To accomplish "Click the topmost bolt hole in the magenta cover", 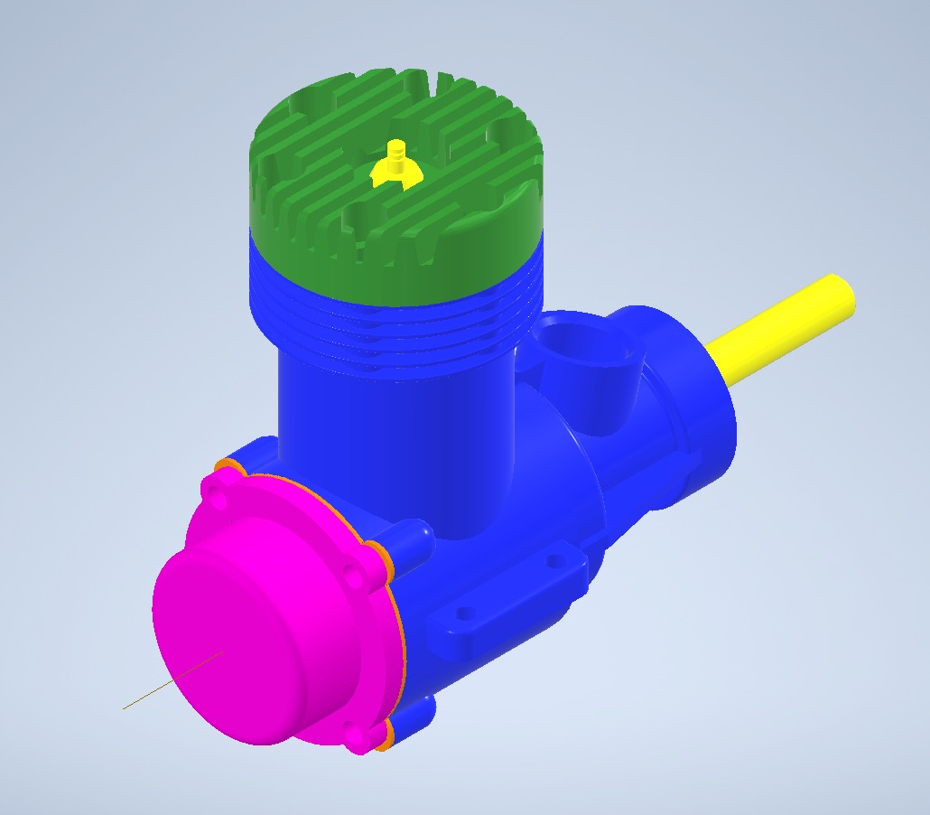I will tap(213, 492).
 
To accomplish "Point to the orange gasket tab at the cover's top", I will tap(228, 466).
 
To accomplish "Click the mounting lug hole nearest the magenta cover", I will tap(465, 614).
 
